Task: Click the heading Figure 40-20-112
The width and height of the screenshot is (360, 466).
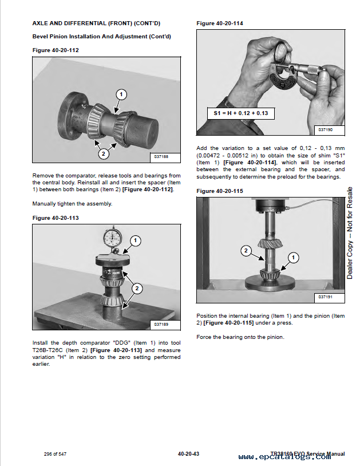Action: click(56, 50)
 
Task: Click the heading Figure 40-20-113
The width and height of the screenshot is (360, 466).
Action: click(56, 218)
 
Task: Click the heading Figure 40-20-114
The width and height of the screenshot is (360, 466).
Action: click(219, 23)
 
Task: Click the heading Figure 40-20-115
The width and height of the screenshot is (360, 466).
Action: click(219, 191)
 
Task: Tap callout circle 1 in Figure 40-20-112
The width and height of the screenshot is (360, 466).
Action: click(121, 94)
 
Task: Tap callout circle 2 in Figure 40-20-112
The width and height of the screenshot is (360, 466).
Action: click(103, 153)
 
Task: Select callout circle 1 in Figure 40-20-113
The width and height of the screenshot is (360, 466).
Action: click(135, 240)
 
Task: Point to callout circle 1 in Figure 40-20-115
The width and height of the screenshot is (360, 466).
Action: click(293, 258)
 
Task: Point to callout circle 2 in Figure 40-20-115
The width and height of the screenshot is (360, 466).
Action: click(245, 250)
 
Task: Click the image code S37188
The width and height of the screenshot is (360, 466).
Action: click(162, 157)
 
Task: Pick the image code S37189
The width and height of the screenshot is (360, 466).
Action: click(162, 325)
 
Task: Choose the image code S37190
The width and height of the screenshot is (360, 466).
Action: click(325, 130)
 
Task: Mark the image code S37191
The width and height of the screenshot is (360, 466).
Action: click(325, 297)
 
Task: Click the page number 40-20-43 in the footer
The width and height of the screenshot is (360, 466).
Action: click(188, 455)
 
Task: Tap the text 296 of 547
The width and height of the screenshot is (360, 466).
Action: click(56, 455)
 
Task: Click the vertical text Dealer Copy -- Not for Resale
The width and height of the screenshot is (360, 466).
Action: click(350, 233)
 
